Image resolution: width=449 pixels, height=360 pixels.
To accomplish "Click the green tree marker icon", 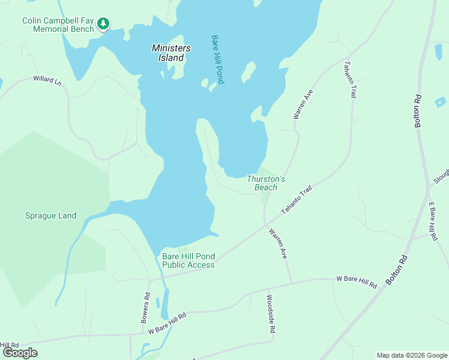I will [104, 23].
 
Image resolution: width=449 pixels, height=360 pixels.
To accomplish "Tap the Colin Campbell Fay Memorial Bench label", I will [58, 25].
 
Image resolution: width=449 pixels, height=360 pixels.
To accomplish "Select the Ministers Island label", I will [171, 53].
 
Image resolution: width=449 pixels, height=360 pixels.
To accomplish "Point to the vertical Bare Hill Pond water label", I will [217, 59].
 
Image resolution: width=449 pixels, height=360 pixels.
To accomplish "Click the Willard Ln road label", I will [47, 80].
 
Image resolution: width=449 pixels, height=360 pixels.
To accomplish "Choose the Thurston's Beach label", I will [265, 183].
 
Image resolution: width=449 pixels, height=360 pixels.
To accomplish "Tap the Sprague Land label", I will [50, 215].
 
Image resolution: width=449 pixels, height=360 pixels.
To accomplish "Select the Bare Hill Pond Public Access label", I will [188, 260].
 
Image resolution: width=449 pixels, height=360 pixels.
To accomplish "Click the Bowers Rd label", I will [145, 308].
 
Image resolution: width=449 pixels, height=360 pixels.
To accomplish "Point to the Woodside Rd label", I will [271, 314].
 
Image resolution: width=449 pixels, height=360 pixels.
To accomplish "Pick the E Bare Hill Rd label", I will [432, 217].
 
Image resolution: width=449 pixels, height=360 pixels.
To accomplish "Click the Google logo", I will [20, 353].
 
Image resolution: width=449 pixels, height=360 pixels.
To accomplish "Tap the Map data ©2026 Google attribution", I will [412, 355].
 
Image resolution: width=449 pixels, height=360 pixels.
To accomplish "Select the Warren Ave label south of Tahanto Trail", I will [277, 243].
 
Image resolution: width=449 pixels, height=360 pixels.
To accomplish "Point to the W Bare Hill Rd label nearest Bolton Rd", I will [356, 282].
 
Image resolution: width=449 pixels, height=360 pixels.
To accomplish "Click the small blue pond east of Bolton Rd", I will [440, 101].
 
